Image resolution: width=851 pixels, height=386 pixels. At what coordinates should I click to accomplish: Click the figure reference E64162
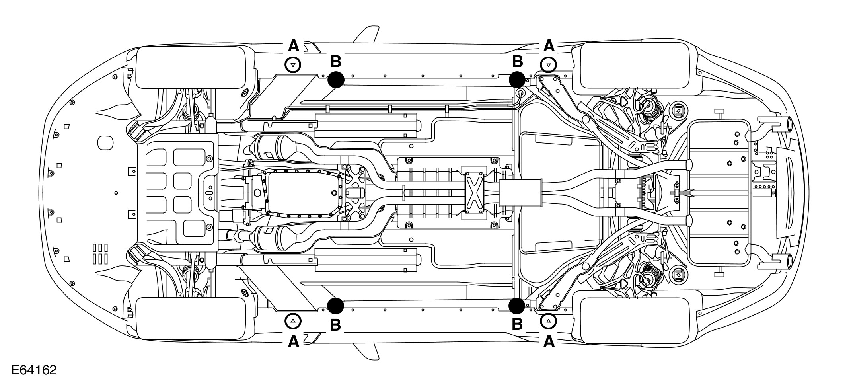[34, 370]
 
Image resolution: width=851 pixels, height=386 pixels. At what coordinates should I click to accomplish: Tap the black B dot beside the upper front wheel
[336, 80]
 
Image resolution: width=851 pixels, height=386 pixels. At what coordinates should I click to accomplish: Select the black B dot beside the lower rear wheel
[517, 306]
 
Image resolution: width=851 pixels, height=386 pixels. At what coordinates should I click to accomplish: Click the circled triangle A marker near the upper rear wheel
[549, 64]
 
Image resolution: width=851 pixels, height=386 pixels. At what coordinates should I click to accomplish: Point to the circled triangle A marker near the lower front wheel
[293, 321]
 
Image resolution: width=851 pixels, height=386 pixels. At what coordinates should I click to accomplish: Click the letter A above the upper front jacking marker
[293, 46]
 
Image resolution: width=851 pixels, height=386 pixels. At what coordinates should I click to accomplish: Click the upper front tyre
[191, 68]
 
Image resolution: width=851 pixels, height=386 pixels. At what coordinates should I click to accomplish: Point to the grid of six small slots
[101, 253]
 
